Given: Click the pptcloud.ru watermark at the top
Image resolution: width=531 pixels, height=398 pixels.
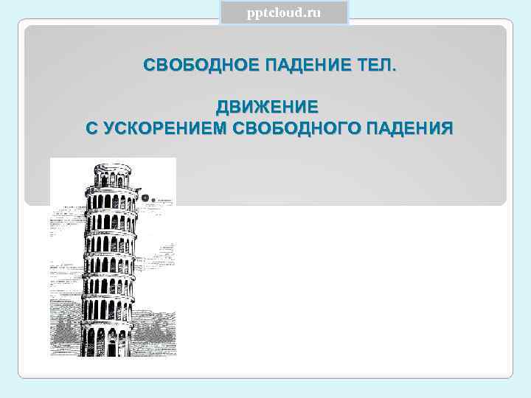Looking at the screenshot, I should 284,13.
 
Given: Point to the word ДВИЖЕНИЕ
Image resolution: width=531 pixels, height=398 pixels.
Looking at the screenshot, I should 267,108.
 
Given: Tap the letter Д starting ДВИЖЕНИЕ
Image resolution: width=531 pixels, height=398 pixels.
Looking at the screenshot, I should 221,108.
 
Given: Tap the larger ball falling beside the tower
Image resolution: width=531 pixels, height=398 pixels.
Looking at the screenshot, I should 146,198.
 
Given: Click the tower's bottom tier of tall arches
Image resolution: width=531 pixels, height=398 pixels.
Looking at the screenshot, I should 108,341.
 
